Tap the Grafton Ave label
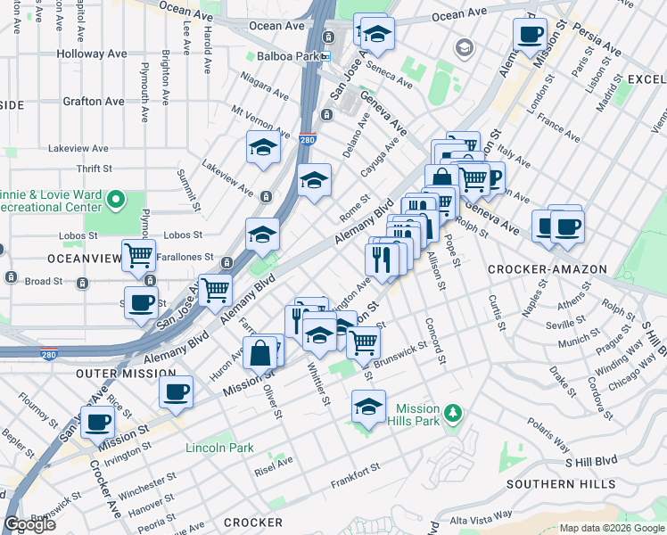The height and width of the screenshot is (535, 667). pos(94,102)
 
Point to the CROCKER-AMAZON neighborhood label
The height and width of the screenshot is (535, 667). pos(548,268)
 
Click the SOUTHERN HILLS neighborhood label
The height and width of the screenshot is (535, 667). pos(560,484)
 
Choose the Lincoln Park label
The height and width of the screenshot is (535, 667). pos(219,448)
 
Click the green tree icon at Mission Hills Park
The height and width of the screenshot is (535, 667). pos(454,413)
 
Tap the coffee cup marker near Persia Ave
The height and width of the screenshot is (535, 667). pos(530,36)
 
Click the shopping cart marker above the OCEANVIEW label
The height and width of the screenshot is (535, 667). pos(138,257)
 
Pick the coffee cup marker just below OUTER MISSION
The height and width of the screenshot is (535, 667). pos(177,392)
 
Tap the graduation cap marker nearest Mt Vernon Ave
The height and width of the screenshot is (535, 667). pos(264,148)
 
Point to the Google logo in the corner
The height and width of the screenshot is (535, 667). pos(29,524)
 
